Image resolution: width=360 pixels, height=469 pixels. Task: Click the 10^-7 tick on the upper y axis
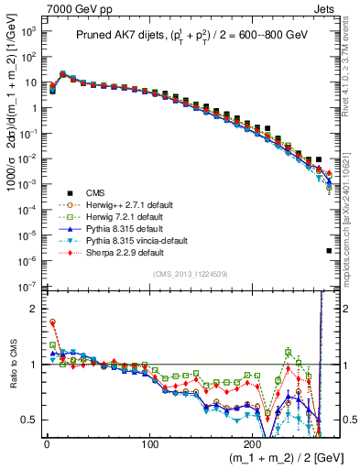[x=27, y=289]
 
